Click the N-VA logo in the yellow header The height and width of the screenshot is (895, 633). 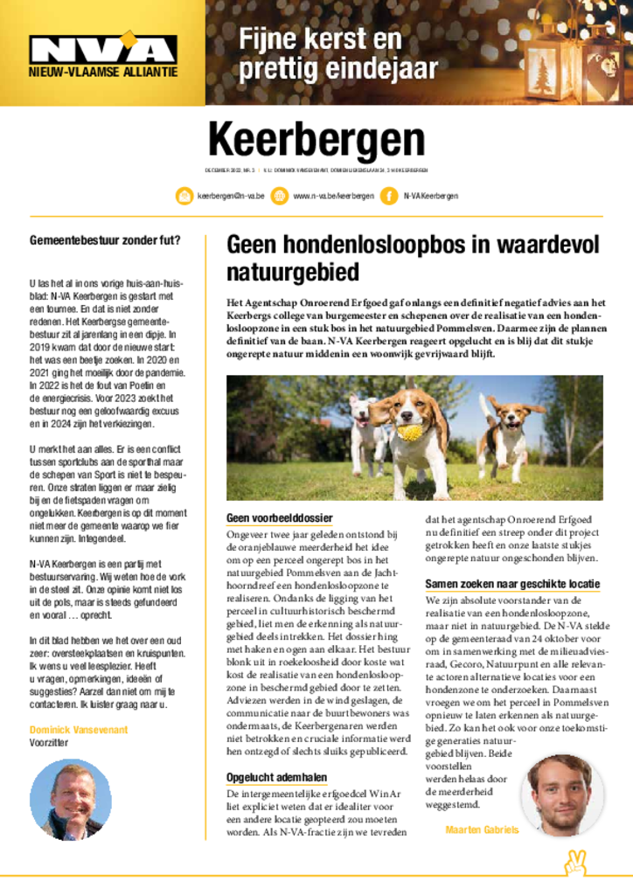pyautogui.click(x=103, y=51)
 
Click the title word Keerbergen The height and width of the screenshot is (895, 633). pyautogui.click(x=316, y=141)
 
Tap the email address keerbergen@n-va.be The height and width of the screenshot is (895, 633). pyautogui.click(x=231, y=196)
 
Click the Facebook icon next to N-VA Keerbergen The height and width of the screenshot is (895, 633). pyautogui.click(x=388, y=196)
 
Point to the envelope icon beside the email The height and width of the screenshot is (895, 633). pyautogui.click(x=184, y=196)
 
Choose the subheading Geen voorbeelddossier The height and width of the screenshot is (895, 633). pyautogui.click(x=279, y=518)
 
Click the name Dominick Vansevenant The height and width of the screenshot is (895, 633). pyautogui.click(x=79, y=729)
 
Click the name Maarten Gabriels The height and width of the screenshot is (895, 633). pyautogui.click(x=482, y=829)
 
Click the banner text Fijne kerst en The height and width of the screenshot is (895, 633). pyautogui.click(x=320, y=38)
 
